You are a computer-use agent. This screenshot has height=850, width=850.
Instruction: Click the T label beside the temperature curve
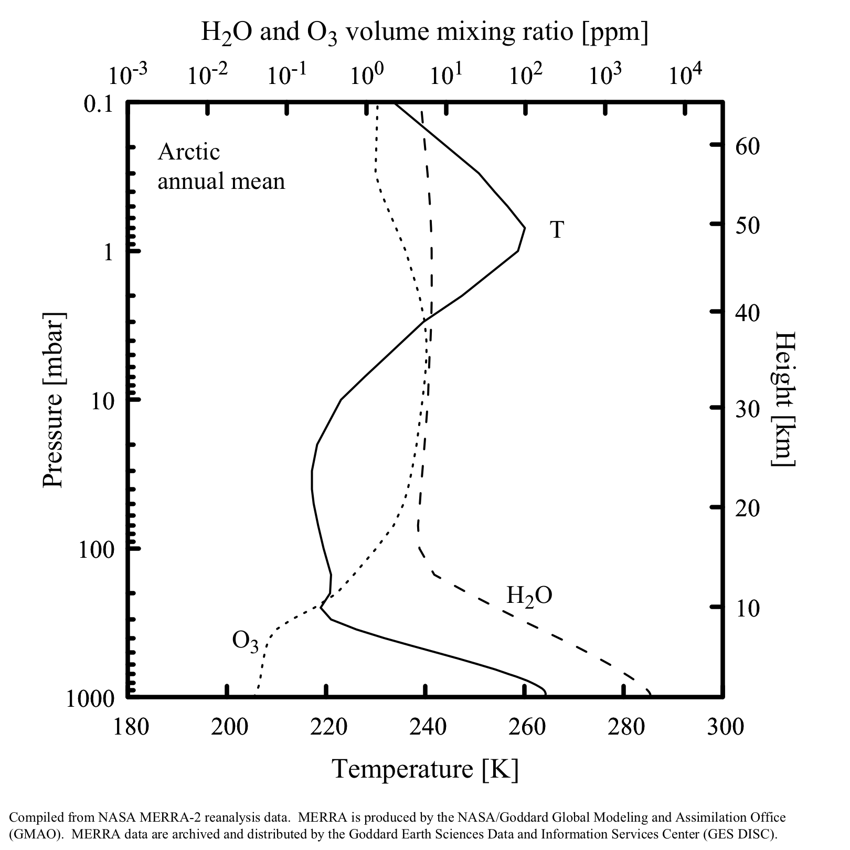tap(557, 230)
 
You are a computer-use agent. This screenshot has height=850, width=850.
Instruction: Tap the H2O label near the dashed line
tap(529, 596)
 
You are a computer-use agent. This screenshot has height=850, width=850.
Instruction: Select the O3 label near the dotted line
tap(245, 642)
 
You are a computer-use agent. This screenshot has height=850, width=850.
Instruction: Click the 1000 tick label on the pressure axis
tap(98, 699)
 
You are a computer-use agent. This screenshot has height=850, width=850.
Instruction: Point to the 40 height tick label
tap(747, 313)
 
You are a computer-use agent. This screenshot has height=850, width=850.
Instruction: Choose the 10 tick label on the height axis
tap(747, 609)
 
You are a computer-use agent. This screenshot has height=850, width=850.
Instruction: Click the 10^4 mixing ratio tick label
tap(685, 75)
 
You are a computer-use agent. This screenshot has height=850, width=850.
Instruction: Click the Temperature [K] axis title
tap(425, 769)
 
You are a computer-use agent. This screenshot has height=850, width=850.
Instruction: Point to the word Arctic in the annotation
tap(189, 152)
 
